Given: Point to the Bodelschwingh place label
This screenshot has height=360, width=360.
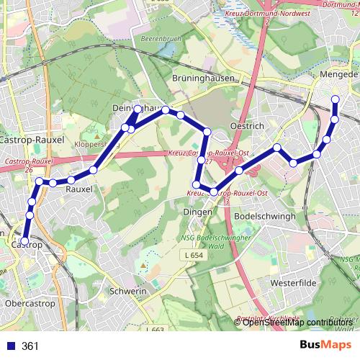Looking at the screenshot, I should (266, 216).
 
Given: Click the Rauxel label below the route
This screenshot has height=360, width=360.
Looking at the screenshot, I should (79, 189).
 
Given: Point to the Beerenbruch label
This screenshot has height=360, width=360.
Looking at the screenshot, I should (159, 38).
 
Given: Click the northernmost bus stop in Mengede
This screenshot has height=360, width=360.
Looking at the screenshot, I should (336, 99).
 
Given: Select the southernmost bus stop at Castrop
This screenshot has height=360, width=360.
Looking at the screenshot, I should (24, 241).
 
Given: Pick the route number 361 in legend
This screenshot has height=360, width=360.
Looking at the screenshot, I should (30, 346).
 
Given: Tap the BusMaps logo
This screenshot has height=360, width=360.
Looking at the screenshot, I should (324, 346).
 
